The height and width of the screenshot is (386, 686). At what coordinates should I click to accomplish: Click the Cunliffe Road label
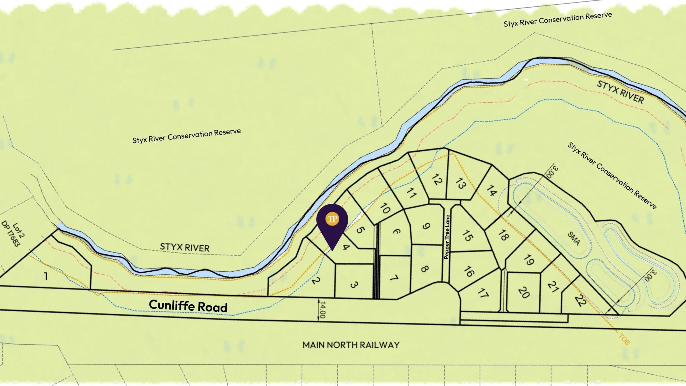(x=188, y=306)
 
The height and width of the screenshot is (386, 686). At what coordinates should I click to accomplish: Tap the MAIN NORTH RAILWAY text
(x=351, y=345)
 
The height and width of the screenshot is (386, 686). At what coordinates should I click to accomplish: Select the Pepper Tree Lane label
(x=447, y=237)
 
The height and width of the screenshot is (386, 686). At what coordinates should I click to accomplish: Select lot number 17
(x=483, y=293)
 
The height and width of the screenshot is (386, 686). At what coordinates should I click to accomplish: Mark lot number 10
(x=385, y=208)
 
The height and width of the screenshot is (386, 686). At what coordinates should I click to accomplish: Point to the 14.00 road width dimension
(x=322, y=310)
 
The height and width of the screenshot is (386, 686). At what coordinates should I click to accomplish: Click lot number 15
(x=467, y=236)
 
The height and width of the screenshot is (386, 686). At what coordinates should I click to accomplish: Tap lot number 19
(x=529, y=260)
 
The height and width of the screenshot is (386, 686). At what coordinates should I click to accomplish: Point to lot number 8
(x=424, y=269)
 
